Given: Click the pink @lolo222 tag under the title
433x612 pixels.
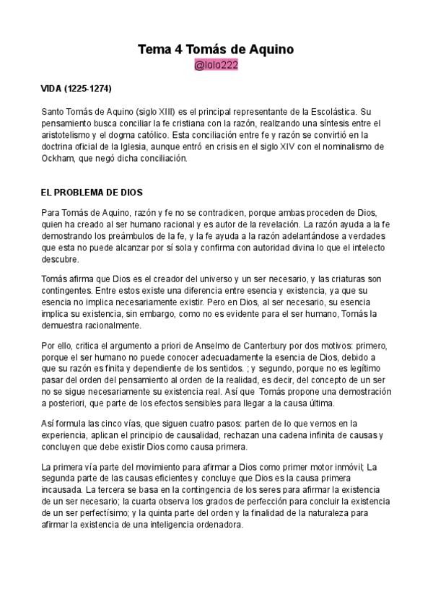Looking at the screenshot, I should click(x=216, y=66).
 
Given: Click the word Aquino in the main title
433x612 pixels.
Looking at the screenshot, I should click(x=266, y=49).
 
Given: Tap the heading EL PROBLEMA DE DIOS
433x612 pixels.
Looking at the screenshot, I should click(x=92, y=193).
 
